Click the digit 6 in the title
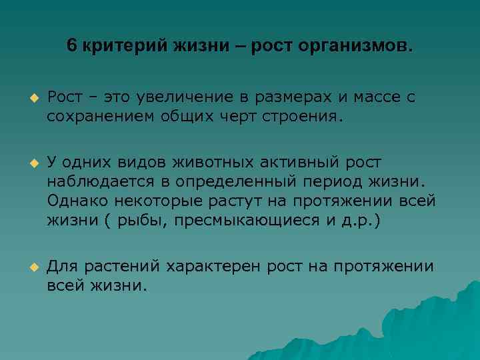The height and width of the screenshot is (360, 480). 72,47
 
